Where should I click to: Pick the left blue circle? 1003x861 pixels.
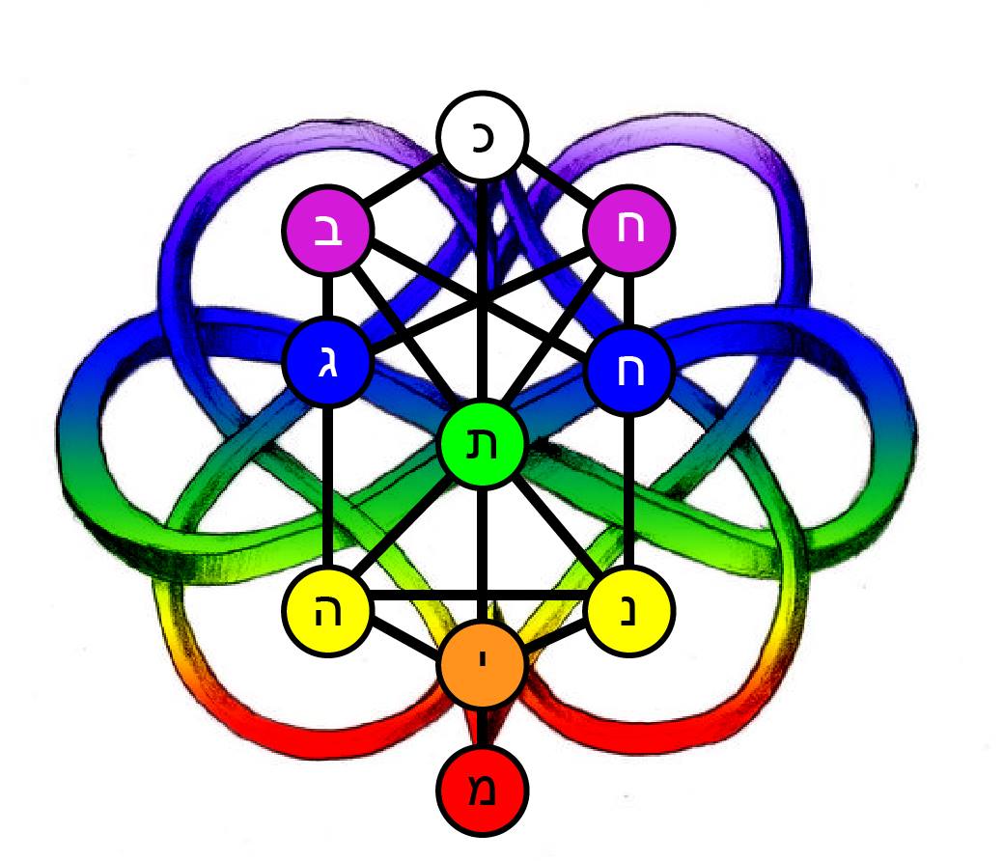pos(328,367)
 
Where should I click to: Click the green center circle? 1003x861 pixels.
pos(482,445)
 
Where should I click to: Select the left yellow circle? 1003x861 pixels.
pos(328,611)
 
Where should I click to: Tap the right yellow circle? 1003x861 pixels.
pos(629,611)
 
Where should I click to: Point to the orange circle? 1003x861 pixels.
pos(482,665)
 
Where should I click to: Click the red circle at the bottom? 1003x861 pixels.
pos(482,790)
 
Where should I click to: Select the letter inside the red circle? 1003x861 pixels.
pos(483,791)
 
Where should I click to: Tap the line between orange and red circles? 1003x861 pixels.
pos(482,727)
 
